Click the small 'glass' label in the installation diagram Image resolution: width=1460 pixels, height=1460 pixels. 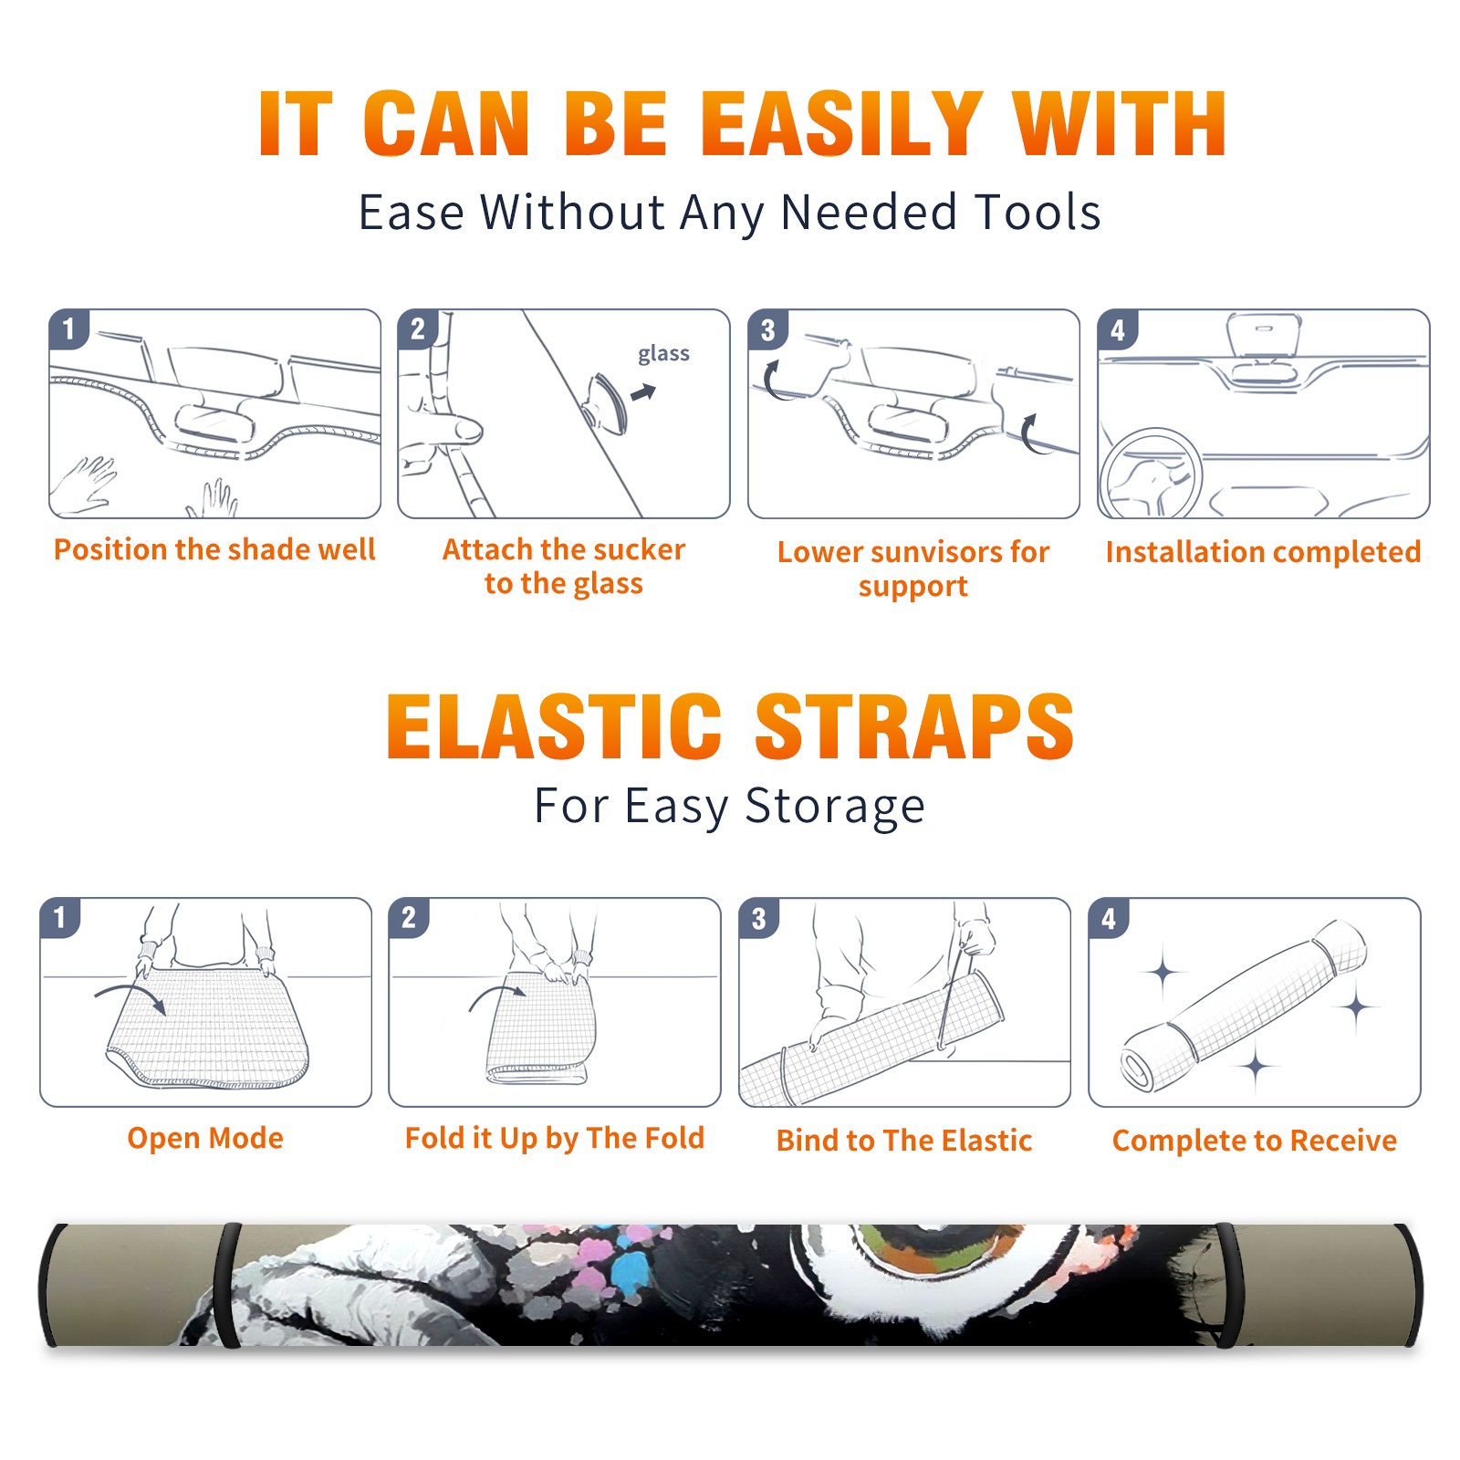coord(663,354)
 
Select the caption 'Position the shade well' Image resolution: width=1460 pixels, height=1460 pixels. coord(214,549)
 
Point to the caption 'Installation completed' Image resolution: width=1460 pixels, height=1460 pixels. coord(1263,551)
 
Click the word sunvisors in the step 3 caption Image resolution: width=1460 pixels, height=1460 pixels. coord(936,551)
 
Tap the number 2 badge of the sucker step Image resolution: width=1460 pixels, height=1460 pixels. coord(418,328)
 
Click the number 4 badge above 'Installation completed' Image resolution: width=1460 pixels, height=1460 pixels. coord(1118,328)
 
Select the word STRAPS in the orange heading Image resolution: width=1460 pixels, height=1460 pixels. coord(914,726)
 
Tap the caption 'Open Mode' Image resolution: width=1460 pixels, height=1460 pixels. coord(205,1138)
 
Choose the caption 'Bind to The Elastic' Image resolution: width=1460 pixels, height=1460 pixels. coord(904,1141)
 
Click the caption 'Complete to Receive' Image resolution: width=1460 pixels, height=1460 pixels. coord(1255,1141)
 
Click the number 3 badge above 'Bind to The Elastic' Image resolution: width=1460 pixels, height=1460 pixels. coord(758,918)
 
